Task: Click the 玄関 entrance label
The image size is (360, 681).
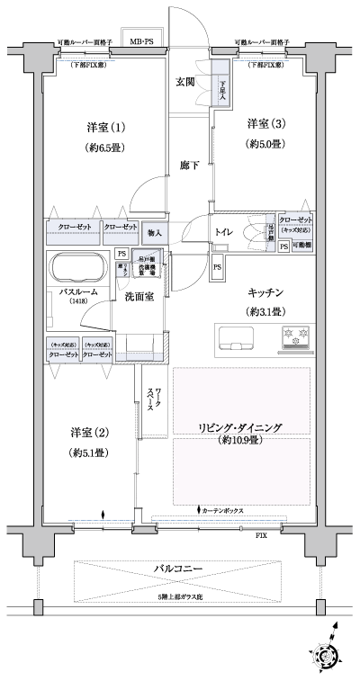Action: pos(185,82)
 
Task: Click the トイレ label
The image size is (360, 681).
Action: pos(224,232)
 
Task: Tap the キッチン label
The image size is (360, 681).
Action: pos(267,292)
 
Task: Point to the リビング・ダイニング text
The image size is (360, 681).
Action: pos(241,428)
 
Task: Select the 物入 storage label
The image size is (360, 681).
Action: pos(155,233)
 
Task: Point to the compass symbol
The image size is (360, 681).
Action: pos(329,654)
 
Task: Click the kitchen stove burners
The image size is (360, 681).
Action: pos(296,337)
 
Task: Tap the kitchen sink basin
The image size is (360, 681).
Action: pos(238,337)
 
